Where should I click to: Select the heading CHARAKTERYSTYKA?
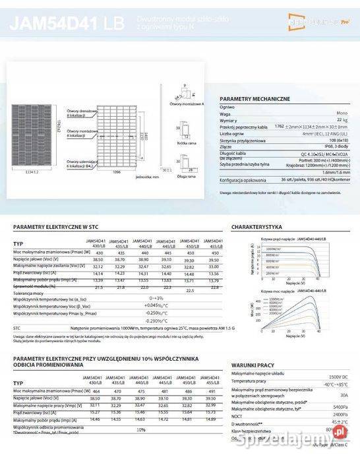tap(258, 227)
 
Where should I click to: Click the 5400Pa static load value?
tap(340, 407)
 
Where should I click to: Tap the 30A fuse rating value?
tap(343, 395)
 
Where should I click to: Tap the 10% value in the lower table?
tap(140, 429)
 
